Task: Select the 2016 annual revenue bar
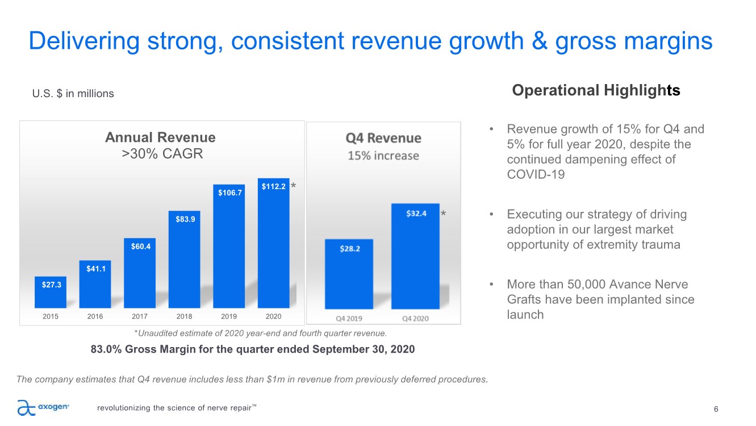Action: point(95,284)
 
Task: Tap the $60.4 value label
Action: point(140,246)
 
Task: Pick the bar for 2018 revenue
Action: point(185,261)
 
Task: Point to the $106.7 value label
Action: point(229,193)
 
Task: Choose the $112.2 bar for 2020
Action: point(274,244)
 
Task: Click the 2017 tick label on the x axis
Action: point(140,316)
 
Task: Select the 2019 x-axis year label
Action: point(229,316)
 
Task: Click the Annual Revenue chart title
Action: point(161,137)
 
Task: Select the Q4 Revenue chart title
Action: point(383,138)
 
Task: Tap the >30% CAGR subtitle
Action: point(162,153)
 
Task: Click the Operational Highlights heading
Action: point(596,90)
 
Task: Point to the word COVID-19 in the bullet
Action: point(536,174)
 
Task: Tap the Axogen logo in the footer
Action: point(43,407)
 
